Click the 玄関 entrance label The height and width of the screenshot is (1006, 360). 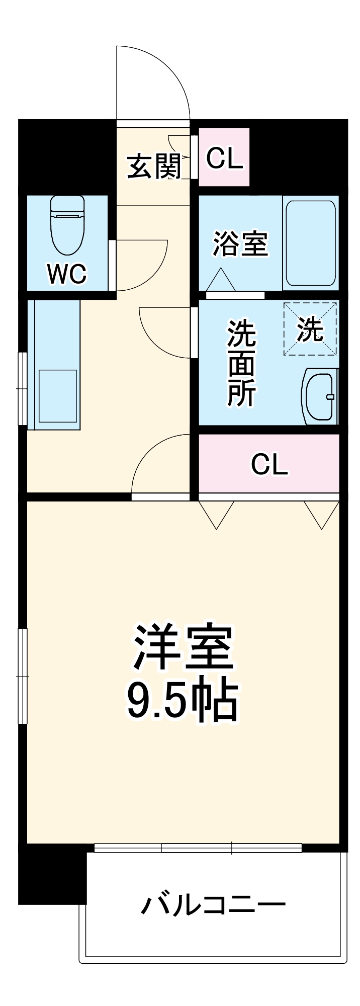click(153, 166)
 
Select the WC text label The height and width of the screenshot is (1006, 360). click(67, 274)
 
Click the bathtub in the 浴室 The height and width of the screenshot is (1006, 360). click(310, 243)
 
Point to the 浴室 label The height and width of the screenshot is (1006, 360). click(240, 243)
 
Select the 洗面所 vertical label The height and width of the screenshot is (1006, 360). click(241, 362)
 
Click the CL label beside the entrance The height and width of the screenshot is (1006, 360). click(224, 158)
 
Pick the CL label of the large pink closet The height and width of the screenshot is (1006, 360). click(269, 464)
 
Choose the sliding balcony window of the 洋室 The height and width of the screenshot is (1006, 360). click(198, 848)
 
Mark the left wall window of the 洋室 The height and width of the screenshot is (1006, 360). click(22, 676)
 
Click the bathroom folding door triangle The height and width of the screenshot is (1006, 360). click(220, 281)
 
